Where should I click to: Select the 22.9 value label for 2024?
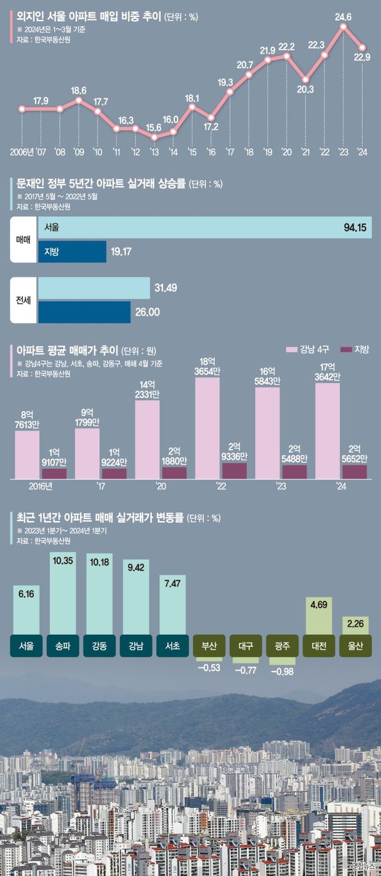point(363,57)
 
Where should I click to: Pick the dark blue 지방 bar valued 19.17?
point(72,252)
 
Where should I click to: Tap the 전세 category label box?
point(23,300)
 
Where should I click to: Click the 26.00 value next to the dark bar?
point(148,312)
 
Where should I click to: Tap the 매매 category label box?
point(23,240)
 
